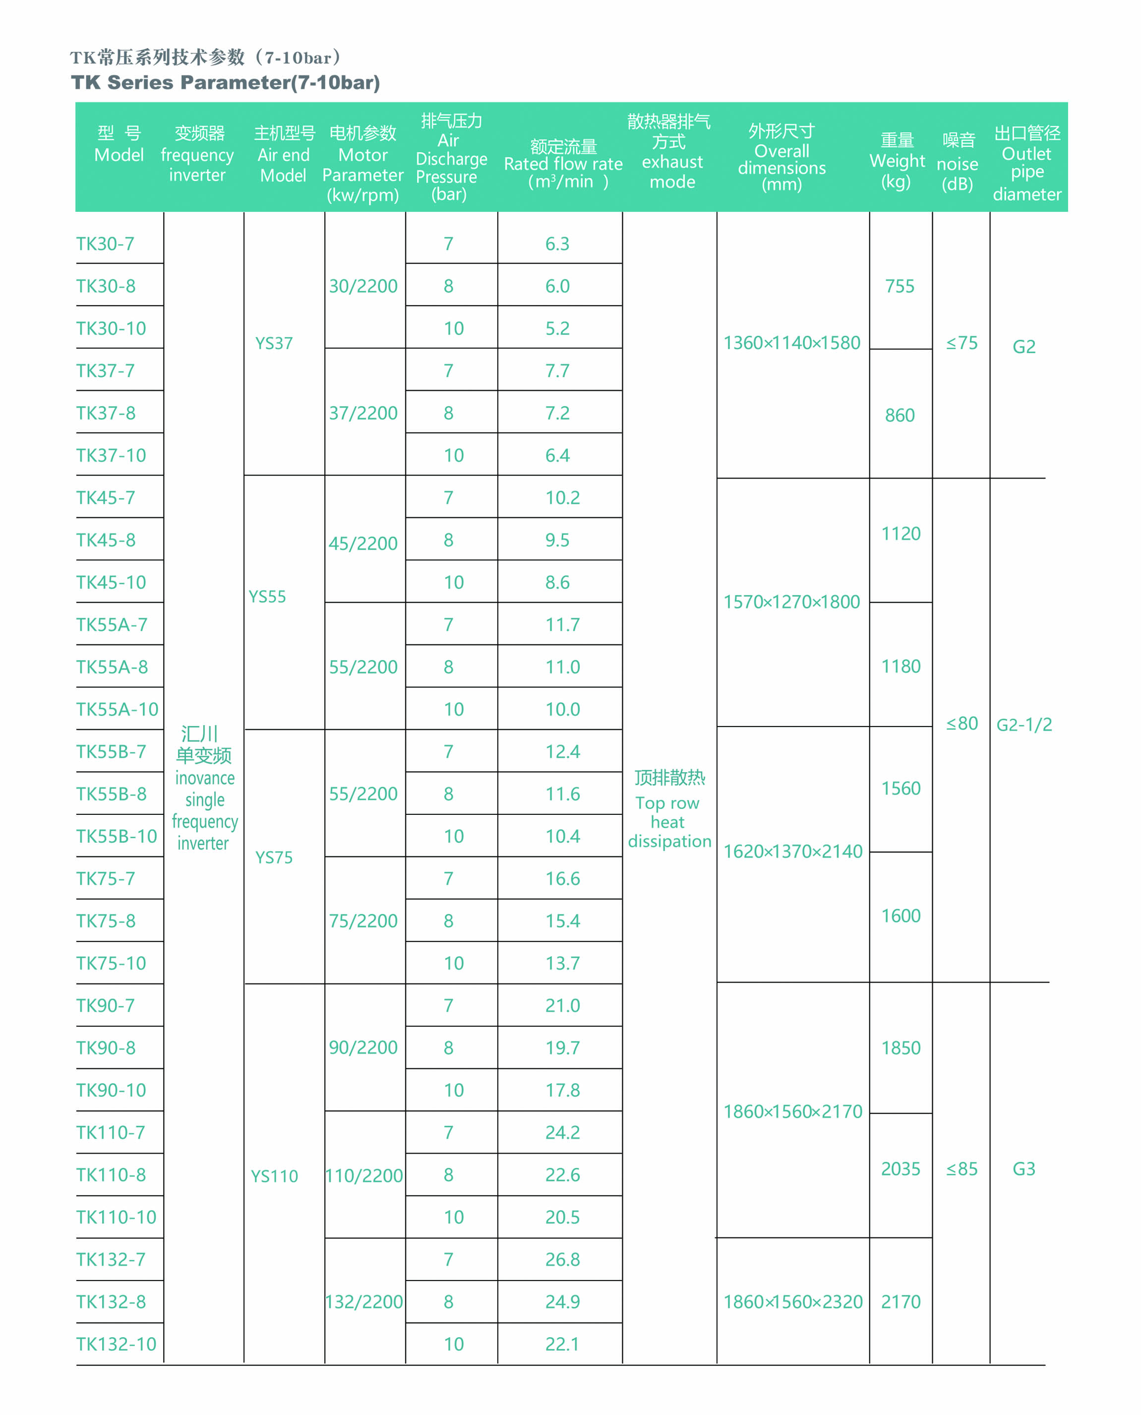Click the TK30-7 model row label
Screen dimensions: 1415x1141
(105, 244)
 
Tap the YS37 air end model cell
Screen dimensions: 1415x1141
(274, 343)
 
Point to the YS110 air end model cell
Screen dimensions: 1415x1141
(274, 1176)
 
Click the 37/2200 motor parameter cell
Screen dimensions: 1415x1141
(363, 413)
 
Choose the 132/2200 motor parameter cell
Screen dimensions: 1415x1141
(364, 1301)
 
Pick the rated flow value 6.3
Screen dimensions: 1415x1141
(557, 244)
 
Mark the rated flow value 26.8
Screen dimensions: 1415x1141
(563, 1259)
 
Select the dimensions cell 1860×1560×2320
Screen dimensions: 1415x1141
(793, 1301)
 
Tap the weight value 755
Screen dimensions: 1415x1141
(900, 286)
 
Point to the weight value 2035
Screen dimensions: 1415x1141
(901, 1169)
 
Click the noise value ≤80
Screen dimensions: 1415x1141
(961, 724)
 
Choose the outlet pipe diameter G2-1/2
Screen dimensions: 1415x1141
(1024, 724)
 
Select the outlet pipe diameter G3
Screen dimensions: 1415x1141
(1024, 1169)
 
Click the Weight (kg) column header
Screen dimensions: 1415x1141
(897, 161)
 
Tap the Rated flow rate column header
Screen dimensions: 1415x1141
(563, 164)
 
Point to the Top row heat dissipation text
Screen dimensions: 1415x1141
(669, 810)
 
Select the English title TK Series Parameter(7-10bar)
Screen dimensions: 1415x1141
(226, 83)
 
